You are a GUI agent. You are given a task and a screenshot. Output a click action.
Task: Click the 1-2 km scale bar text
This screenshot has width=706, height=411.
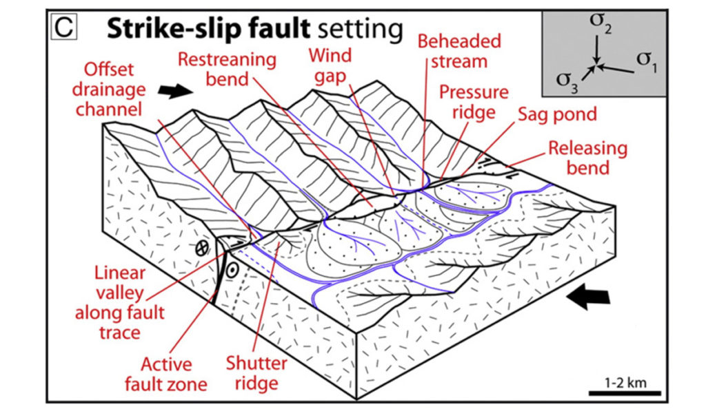(624, 383)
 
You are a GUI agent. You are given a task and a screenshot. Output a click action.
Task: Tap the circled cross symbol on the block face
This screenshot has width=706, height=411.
(201, 250)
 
